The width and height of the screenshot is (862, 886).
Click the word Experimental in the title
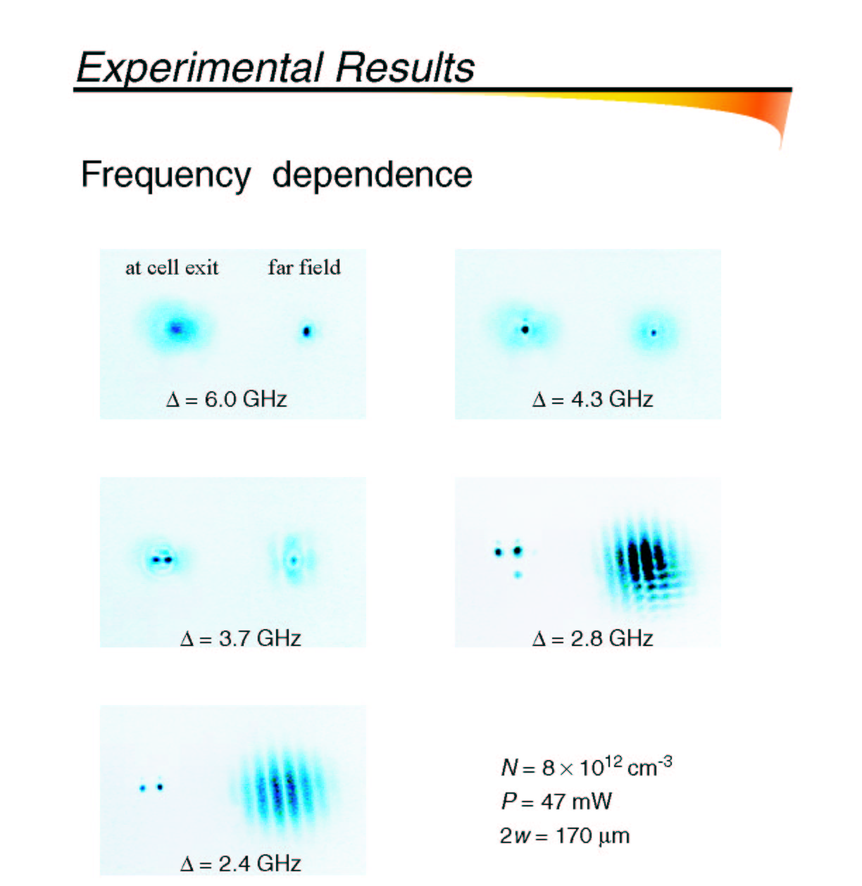(199, 68)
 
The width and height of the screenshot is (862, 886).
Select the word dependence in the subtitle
(372, 175)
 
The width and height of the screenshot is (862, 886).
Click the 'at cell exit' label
(172, 267)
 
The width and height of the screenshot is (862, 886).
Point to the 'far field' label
(304, 267)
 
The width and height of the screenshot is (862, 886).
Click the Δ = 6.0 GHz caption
(227, 399)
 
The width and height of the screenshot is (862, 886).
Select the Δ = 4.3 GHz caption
(592, 399)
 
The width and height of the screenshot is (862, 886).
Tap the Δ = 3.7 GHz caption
(241, 638)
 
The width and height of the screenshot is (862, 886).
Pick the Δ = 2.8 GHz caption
(592, 638)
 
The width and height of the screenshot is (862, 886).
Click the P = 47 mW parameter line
(556, 801)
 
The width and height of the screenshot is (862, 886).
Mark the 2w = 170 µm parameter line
(565, 835)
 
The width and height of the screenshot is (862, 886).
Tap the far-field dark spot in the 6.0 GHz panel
(306, 331)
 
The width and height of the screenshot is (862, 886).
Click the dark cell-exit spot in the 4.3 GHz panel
(525, 329)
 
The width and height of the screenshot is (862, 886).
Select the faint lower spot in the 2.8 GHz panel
(517, 575)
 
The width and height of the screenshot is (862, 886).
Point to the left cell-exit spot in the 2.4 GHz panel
(142, 788)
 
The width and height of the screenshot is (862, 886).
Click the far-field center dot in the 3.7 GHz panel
(294, 560)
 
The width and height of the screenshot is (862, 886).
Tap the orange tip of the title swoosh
(780, 146)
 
